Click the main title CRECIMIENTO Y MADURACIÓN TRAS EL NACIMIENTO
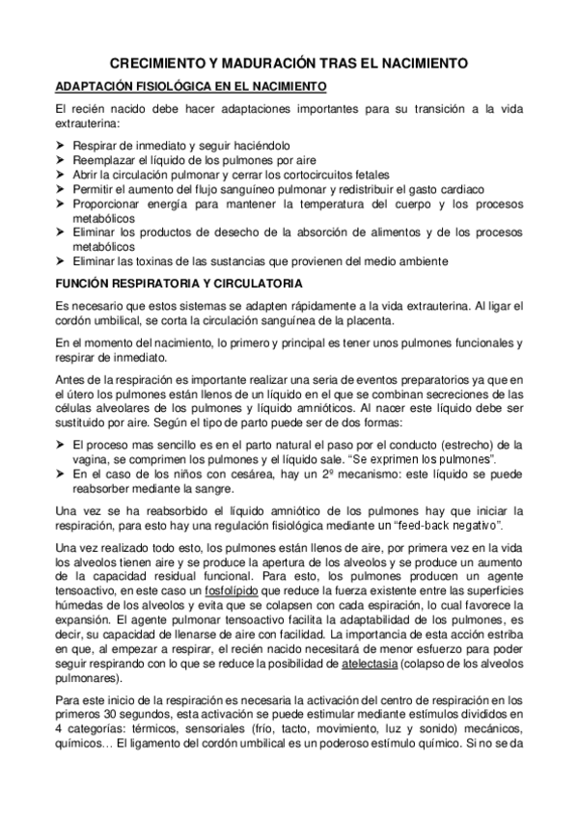click(289, 63)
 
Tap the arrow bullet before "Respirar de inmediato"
click(62, 144)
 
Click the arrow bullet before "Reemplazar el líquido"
click(62, 159)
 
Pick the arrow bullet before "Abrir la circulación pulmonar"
click(62, 175)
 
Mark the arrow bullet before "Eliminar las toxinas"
click(62, 261)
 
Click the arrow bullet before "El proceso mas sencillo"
click(62, 444)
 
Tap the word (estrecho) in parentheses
click(443, 444)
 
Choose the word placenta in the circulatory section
click(365, 321)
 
